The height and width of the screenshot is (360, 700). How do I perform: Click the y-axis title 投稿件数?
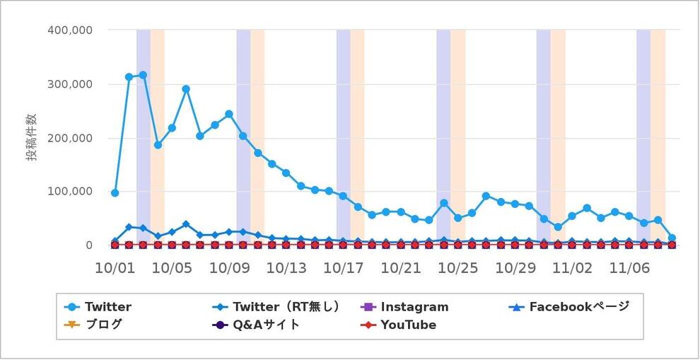click(33, 137)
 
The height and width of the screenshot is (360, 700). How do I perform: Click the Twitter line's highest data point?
click(143, 75)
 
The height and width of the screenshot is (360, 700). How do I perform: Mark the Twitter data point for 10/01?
click(115, 193)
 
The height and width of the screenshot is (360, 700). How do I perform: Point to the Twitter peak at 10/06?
click(186, 89)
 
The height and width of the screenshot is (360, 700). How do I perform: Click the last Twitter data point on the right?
click(672, 238)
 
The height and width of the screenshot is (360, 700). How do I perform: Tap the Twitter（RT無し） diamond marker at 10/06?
click(186, 224)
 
